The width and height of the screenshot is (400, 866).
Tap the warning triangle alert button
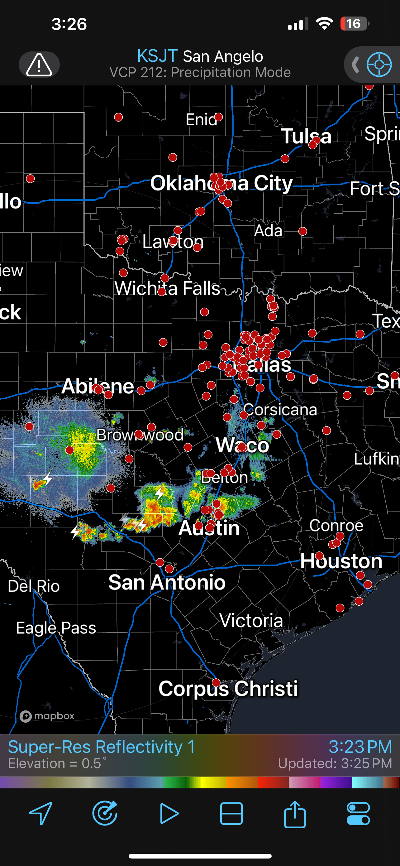click(x=39, y=64)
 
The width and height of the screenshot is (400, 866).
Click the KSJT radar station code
click(x=157, y=56)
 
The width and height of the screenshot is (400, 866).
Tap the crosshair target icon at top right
click(x=379, y=64)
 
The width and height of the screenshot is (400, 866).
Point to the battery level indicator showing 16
click(x=354, y=24)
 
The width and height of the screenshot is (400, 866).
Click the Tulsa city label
click(x=306, y=136)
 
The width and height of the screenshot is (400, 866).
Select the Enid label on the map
click(x=201, y=119)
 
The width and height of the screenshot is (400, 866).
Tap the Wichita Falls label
click(x=167, y=288)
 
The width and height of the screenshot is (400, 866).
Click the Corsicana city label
click(x=280, y=410)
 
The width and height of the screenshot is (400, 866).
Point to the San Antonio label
click(x=167, y=582)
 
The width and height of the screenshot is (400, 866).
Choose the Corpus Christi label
click(x=228, y=688)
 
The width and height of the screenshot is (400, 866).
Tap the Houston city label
click(x=341, y=561)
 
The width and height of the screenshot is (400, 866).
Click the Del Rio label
click(x=34, y=586)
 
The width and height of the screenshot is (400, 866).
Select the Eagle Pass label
click(x=56, y=628)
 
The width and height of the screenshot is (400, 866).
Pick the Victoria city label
click(x=251, y=621)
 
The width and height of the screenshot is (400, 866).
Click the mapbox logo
click(x=47, y=716)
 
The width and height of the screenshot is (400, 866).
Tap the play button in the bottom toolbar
click(x=169, y=814)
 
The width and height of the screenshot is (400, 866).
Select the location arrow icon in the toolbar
click(x=41, y=814)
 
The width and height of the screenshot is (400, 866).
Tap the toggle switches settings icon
click(x=358, y=814)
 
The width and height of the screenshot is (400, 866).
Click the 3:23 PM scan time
click(x=360, y=747)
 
